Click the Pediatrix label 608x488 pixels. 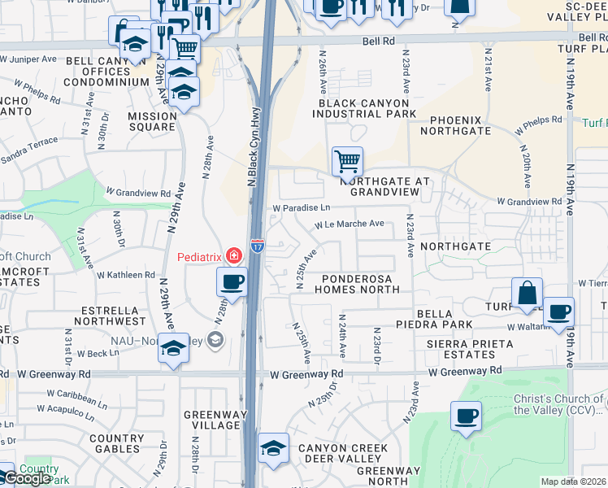tap(201, 257)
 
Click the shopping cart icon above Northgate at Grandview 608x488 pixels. tap(347, 160)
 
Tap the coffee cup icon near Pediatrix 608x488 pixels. tap(232, 282)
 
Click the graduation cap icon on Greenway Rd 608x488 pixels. tap(173, 349)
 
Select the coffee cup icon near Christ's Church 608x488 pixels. tap(466, 417)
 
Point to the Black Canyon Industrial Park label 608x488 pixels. tap(367, 108)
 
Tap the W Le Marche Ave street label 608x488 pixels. tap(350, 224)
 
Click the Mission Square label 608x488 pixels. tap(152, 121)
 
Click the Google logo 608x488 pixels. tap(26, 478)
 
